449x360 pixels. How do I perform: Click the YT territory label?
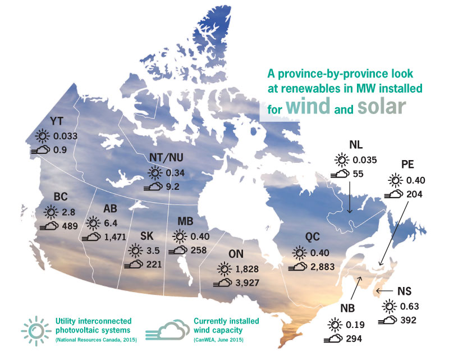(57, 121)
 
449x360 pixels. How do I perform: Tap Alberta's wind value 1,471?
(115, 237)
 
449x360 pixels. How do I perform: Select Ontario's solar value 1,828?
(247, 269)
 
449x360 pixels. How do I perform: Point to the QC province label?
(312, 237)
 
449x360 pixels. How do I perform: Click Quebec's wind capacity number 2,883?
(323, 267)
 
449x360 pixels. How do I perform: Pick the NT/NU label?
(166, 157)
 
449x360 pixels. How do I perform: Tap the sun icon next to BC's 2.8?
(51, 212)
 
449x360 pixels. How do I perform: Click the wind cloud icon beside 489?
(49, 226)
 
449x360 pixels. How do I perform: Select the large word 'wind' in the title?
(308, 106)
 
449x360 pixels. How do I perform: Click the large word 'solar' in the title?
(382, 106)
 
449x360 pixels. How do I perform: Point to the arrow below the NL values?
(350, 198)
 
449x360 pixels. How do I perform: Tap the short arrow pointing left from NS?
(384, 291)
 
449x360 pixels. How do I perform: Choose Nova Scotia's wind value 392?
(409, 320)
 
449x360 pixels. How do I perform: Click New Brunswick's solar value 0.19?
(355, 325)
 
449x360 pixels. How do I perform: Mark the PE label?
(407, 165)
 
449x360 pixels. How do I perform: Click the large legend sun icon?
(36, 331)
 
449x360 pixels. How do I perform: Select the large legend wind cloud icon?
(168, 330)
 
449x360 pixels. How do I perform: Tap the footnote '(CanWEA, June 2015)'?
(218, 340)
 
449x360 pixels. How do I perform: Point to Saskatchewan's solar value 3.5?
(153, 250)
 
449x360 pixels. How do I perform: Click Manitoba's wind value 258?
(199, 250)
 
